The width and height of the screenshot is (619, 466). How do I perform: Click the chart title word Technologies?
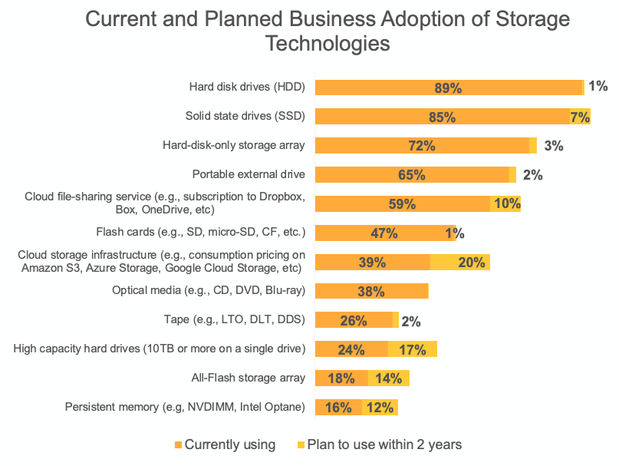(x=328, y=43)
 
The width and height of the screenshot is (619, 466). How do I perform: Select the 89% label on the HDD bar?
(x=448, y=88)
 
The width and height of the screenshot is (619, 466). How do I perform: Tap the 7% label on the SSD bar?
(x=579, y=117)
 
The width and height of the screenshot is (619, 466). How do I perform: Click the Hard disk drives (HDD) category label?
(x=247, y=88)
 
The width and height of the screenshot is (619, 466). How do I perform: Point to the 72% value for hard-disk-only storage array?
(x=422, y=146)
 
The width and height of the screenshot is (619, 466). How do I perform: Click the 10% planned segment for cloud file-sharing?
(x=507, y=204)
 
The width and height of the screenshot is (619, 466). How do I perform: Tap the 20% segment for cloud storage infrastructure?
(x=471, y=263)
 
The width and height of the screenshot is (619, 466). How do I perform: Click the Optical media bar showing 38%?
(x=372, y=292)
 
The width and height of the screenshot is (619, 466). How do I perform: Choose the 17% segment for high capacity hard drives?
(x=413, y=350)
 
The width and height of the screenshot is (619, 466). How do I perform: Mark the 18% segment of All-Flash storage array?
(x=341, y=378)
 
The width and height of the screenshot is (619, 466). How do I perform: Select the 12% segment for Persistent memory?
(x=380, y=408)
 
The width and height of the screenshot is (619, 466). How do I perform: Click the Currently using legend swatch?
(x=179, y=445)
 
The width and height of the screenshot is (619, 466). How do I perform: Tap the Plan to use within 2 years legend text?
(x=384, y=445)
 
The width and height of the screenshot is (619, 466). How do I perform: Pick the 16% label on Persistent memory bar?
(x=338, y=408)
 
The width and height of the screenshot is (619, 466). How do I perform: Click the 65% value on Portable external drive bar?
(x=412, y=175)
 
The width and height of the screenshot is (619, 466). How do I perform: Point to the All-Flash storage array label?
(x=248, y=378)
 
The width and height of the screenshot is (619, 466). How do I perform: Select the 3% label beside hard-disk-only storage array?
(x=554, y=146)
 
